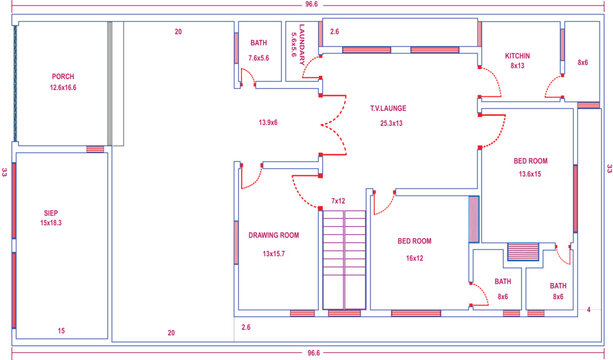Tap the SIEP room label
coord(50,212)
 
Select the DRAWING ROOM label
coord(274,236)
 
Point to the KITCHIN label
coord(517,55)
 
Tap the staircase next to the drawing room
coord(343,260)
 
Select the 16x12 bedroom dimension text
coord(414,257)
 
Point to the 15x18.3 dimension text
coord(50,224)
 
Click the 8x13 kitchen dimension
coord(517,66)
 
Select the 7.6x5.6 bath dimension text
coord(260,57)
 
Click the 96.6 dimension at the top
coord(311,5)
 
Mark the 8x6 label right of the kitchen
coord(583,63)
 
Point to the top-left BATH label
coord(259,43)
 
